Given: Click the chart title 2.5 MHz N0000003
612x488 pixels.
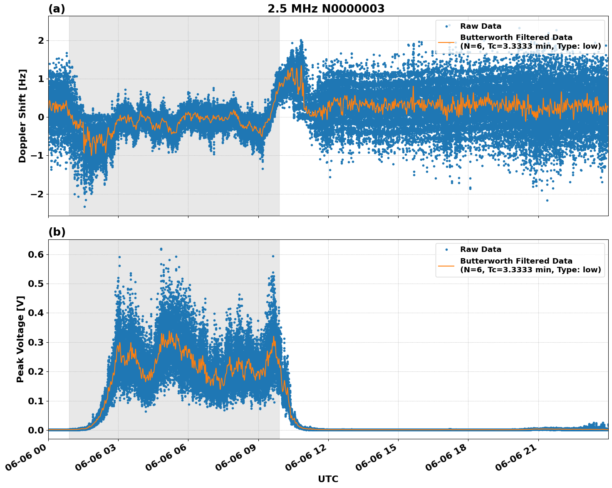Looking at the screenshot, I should tap(326, 9).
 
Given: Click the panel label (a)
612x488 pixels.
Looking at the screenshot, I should tap(57, 9).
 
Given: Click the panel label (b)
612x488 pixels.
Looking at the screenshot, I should tap(57, 232).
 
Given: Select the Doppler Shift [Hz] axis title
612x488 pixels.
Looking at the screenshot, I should tap(22, 116).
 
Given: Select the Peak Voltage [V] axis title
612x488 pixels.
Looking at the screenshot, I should tap(20, 339).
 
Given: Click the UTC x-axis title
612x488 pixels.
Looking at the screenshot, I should tap(328, 479).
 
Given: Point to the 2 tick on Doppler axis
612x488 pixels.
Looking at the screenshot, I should tap(41, 40).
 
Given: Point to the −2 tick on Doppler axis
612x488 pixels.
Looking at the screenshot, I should tap(38, 194).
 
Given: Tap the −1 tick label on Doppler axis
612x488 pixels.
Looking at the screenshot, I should tap(38, 156).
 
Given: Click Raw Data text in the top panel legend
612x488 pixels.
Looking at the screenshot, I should tap(481, 26).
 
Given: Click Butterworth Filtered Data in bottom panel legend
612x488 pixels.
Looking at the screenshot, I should tap(516, 261).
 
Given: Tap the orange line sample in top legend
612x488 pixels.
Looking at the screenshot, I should tap(446, 42).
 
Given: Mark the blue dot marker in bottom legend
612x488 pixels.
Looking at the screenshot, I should tap(446, 249).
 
